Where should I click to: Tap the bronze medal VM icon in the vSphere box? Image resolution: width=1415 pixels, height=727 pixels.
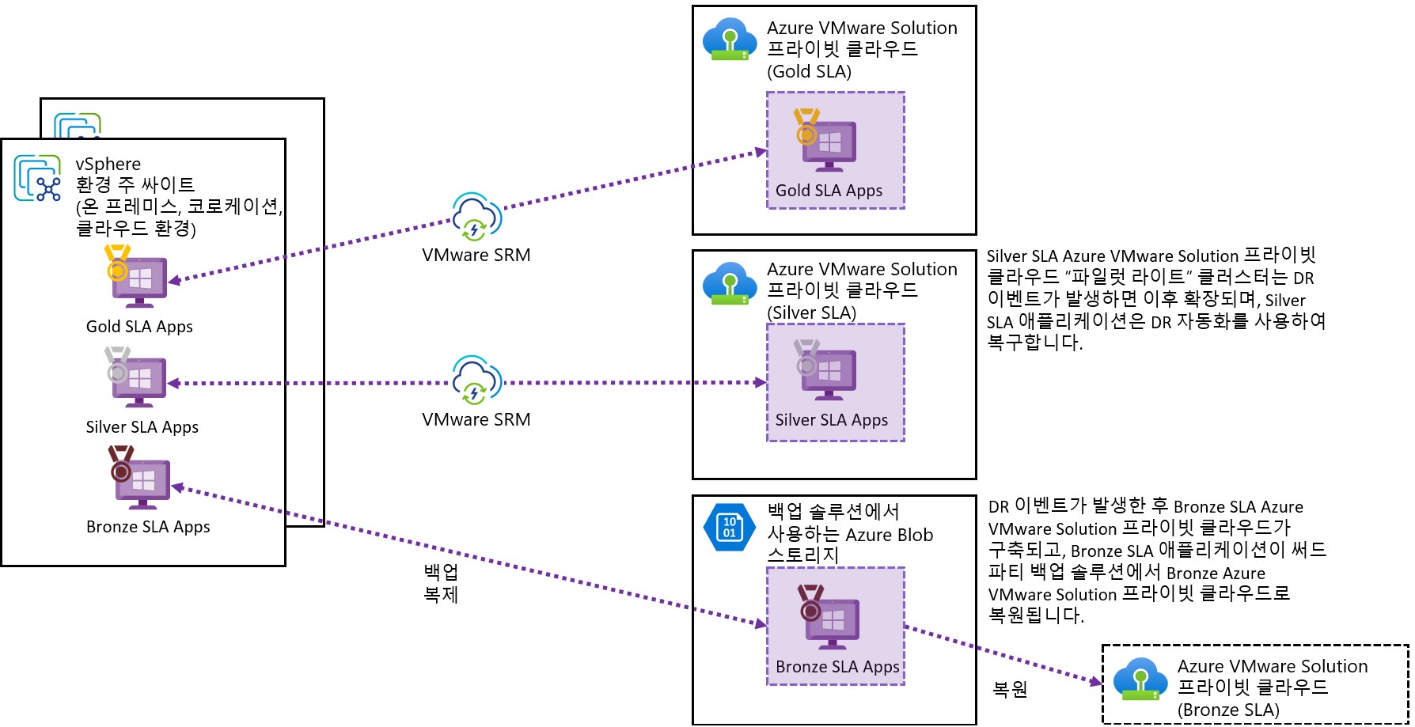[x=139, y=478]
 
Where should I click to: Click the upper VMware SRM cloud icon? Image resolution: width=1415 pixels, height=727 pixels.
[x=476, y=216]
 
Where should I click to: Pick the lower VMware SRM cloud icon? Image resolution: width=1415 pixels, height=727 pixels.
[x=476, y=380]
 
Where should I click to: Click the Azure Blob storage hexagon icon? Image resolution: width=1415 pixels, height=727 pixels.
[x=729, y=527]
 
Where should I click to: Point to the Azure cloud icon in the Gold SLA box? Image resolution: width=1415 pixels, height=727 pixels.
[x=729, y=40]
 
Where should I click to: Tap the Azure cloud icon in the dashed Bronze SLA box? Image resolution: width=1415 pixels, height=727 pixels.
[x=1140, y=679]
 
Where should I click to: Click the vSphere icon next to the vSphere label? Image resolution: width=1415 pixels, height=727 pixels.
[x=37, y=178]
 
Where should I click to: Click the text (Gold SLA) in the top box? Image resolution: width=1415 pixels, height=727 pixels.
[x=809, y=71]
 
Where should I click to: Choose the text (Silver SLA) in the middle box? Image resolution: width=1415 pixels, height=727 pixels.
[x=811, y=312]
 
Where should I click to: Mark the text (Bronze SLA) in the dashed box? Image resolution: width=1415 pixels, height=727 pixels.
[x=1228, y=710]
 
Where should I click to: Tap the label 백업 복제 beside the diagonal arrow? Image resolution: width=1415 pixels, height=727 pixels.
[x=441, y=583]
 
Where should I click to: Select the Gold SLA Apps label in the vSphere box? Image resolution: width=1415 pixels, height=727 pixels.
[x=139, y=327]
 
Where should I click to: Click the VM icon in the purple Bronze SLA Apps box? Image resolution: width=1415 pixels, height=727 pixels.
[x=827, y=617]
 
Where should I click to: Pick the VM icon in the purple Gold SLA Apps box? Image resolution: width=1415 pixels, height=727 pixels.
[x=825, y=141]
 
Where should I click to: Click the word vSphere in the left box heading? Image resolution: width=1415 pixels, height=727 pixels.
[x=108, y=164]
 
